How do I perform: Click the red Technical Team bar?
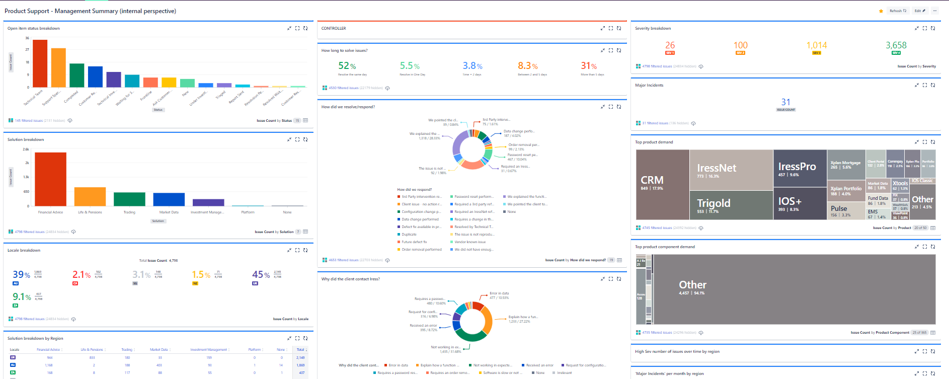tap(40, 63)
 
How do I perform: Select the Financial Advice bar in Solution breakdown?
tap(50, 179)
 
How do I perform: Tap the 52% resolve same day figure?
tap(347, 66)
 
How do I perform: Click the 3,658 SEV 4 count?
tap(896, 45)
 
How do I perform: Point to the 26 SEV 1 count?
tap(670, 45)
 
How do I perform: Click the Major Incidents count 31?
tap(785, 102)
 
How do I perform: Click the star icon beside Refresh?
tap(881, 11)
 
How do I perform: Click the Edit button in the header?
tap(920, 11)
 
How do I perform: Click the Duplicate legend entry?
tap(409, 235)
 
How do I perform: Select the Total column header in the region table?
tap(300, 349)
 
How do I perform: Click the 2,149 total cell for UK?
tap(300, 357)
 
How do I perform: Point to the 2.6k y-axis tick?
tap(26, 149)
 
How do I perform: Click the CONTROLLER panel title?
tap(334, 28)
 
